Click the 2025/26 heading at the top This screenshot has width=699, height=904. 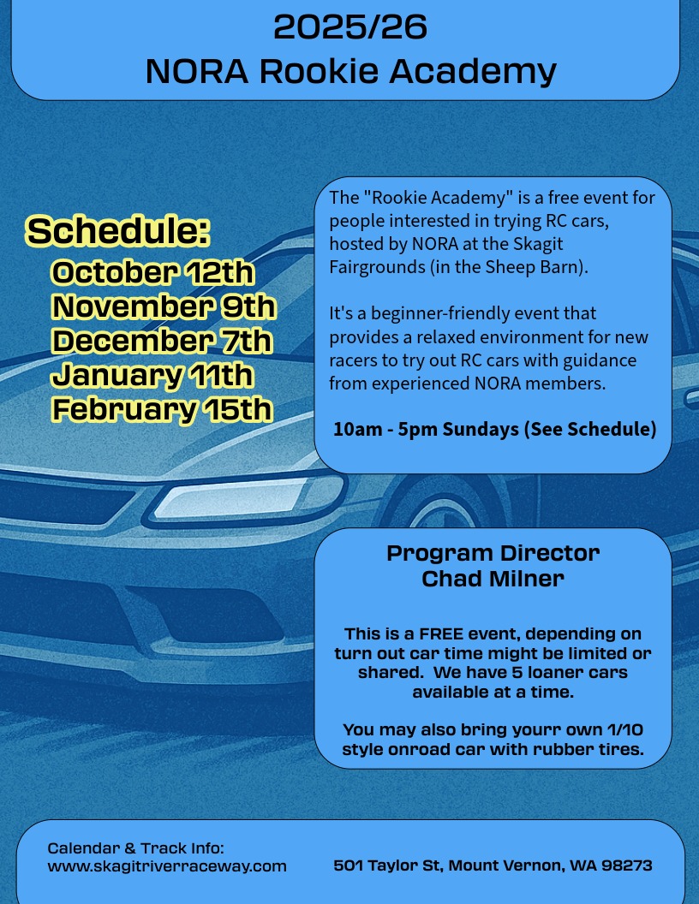tap(350, 27)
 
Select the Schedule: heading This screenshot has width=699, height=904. tap(117, 230)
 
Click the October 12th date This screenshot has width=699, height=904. tap(152, 272)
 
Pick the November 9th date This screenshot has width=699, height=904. tap(164, 306)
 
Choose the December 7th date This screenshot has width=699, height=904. tap(161, 340)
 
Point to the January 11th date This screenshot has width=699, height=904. tap(152, 375)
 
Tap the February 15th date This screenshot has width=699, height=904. tap(162, 409)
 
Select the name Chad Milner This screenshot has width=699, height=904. tap(493, 578)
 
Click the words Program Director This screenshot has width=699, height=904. tap(493, 553)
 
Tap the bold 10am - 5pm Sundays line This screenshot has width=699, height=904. tap(494, 429)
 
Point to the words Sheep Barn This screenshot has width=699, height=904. tap(534, 267)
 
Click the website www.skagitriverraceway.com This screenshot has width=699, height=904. tap(167, 866)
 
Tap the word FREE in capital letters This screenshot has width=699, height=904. tap(441, 634)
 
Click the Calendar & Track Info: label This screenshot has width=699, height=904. tap(135, 848)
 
